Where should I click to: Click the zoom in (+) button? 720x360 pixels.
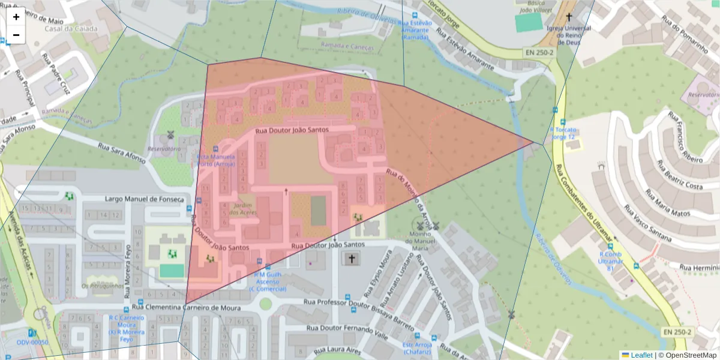pyautogui.click(x=16, y=17)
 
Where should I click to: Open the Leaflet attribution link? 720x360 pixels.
pyautogui.click(x=641, y=355)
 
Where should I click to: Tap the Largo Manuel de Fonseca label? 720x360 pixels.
pyautogui.click(x=144, y=199)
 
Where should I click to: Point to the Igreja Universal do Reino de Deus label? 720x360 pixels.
pyautogui.click(x=568, y=35)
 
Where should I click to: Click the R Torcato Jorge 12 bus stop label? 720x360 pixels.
pyautogui.click(x=563, y=133)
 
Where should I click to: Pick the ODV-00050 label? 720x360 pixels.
pyautogui.click(x=32, y=342)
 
